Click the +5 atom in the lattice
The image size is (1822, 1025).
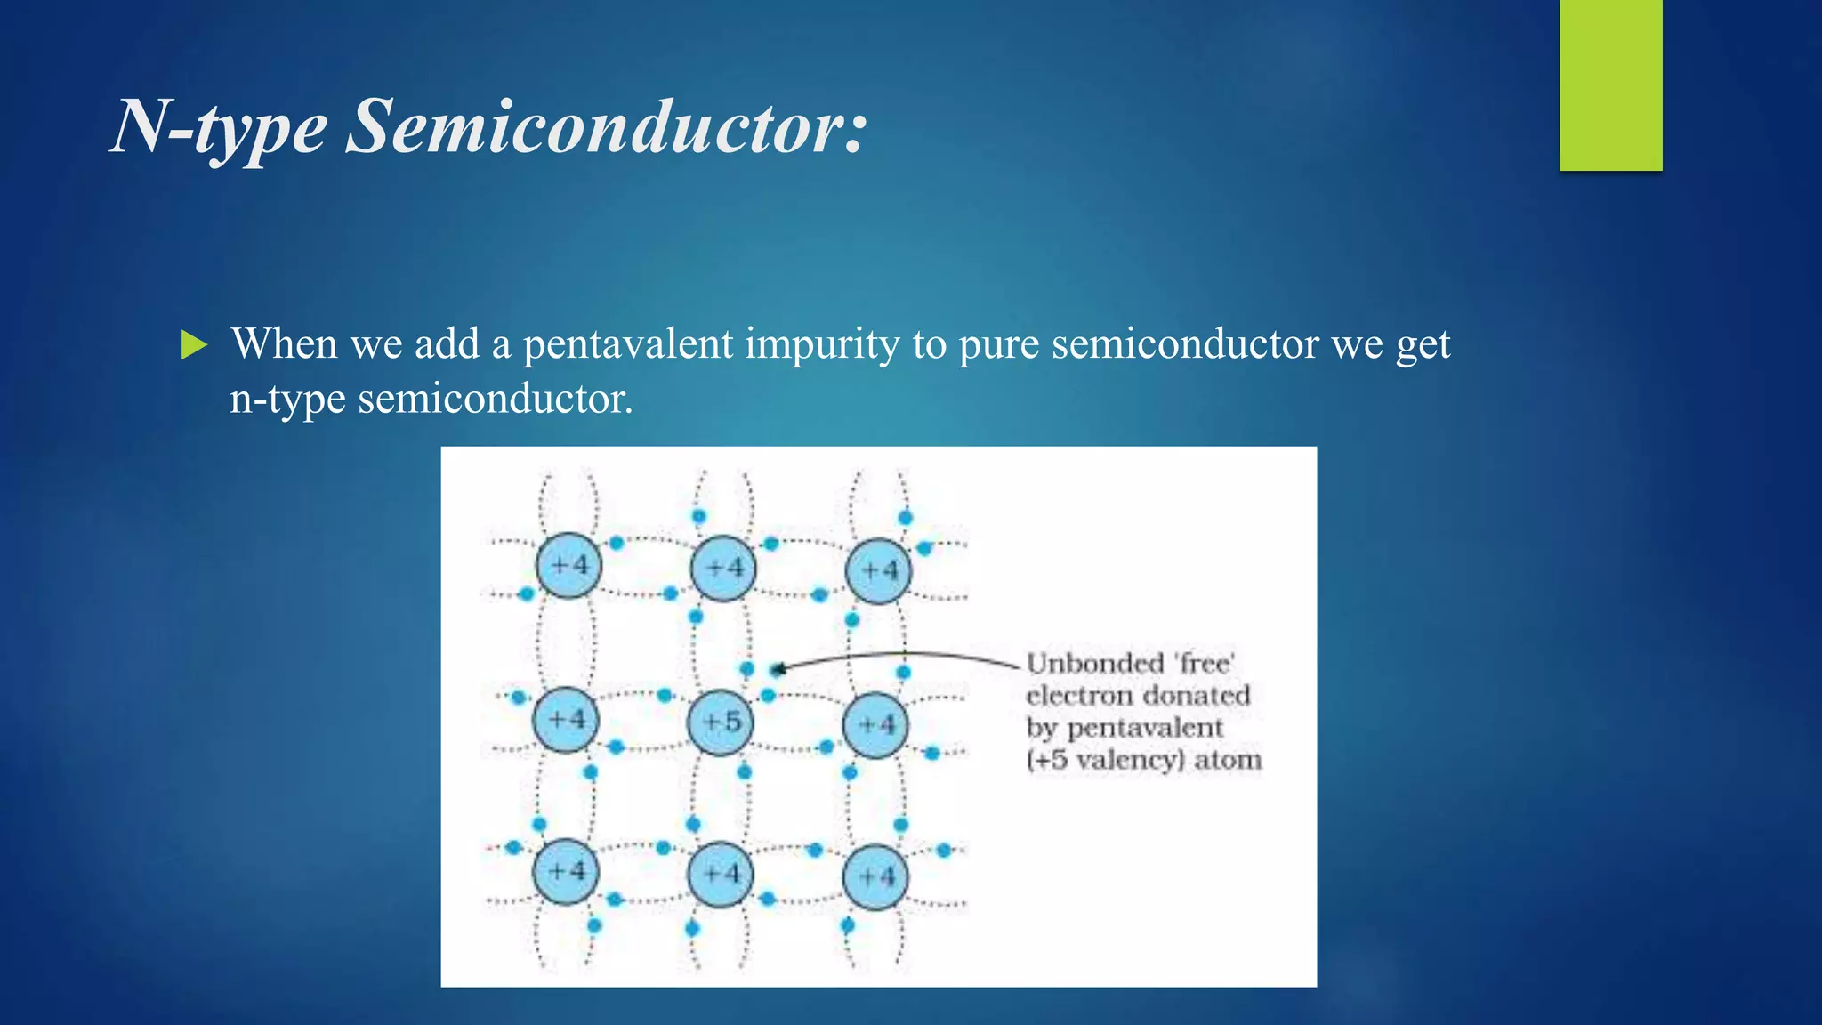tap(721, 722)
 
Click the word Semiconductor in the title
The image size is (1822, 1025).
tap(605, 127)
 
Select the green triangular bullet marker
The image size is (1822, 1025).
tap(193, 344)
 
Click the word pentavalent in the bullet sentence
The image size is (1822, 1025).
tap(628, 344)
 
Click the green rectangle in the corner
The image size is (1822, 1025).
tap(1610, 85)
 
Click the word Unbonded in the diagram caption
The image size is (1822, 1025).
tap(1094, 664)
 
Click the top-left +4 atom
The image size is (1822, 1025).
tap(568, 566)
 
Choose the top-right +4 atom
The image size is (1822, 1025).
tap(879, 571)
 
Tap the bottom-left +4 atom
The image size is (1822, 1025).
tap(566, 871)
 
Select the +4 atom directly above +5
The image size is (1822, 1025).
tap(723, 568)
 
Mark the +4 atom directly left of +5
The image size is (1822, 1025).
tap(566, 720)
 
